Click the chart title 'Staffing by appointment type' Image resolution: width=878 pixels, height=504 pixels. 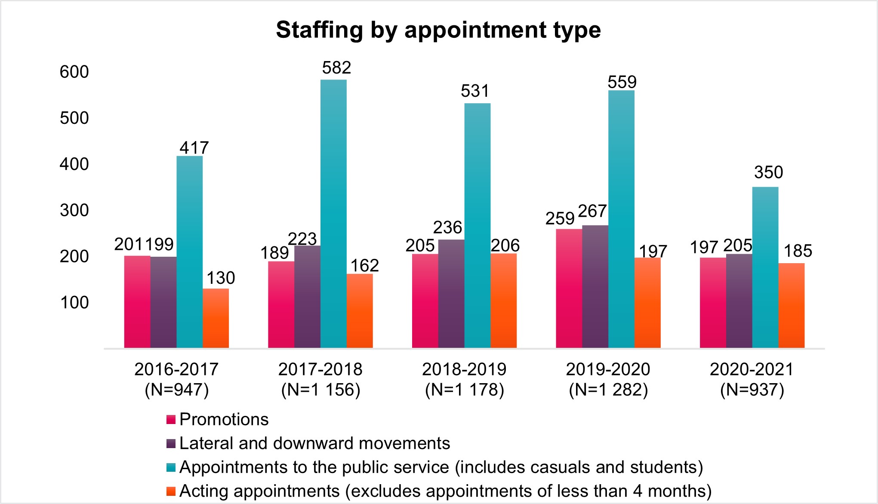[438, 30]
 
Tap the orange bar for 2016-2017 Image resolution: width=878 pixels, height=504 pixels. [216, 318]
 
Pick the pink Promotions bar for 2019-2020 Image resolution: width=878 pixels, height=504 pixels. [569, 288]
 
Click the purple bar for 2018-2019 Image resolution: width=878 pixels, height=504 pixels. [451, 294]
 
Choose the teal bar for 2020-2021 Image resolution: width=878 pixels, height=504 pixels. [765, 267]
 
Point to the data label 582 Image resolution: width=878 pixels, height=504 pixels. [336, 68]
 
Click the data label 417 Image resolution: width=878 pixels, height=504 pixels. [194, 148]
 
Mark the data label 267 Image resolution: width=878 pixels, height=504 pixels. [592, 211]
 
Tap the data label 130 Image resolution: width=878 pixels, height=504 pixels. [221, 278]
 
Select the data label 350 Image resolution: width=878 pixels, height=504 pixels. [768, 172]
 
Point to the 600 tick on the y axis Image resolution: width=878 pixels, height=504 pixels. [74, 72]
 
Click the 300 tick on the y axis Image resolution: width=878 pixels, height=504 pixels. [74, 210]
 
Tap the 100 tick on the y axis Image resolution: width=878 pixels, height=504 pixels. [74, 303]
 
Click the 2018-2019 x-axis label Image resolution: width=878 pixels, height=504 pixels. [464, 369]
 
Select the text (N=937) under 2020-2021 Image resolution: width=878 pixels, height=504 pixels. [752, 390]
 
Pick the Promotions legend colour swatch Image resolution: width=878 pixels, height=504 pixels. [171, 420]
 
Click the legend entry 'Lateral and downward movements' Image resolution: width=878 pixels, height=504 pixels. [314, 443]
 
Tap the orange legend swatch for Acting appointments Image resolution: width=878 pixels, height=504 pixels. [171, 491]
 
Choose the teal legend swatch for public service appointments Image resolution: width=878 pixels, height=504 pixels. [171, 467]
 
